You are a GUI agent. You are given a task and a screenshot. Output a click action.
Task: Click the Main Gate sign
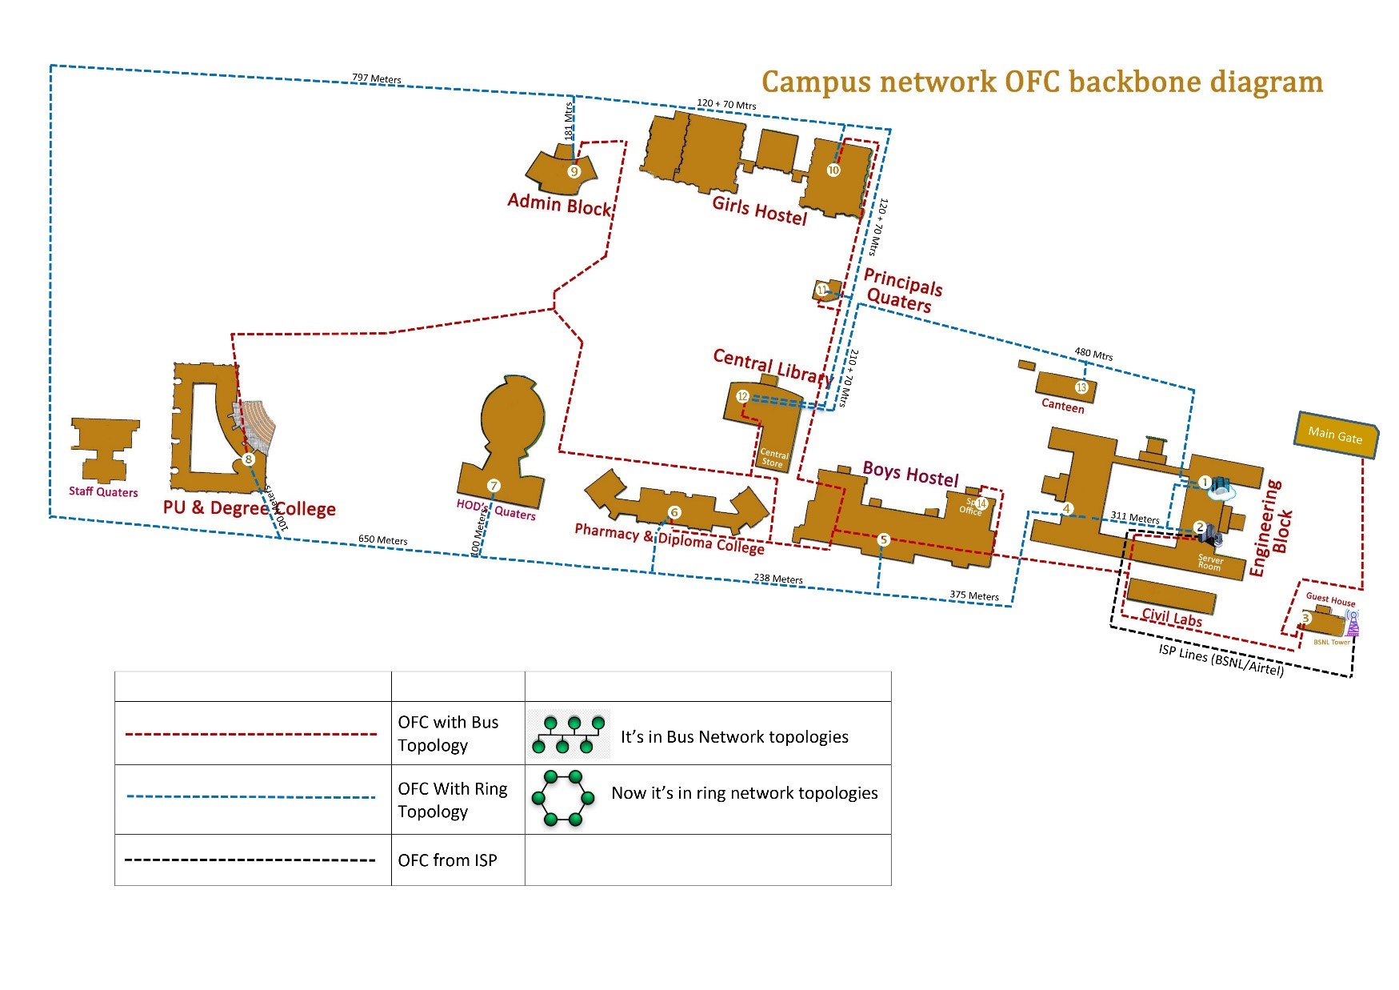click(x=1335, y=435)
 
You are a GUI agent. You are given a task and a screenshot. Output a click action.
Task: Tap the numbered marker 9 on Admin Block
click(x=574, y=171)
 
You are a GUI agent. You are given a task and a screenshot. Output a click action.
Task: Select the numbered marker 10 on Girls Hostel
click(x=833, y=170)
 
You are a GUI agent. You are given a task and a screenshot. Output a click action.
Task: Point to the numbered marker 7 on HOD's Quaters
click(x=494, y=485)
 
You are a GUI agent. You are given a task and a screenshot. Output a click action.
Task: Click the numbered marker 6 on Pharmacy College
click(x=674, y=512)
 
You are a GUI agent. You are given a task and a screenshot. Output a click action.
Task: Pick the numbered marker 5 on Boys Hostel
click(x=883, y=539)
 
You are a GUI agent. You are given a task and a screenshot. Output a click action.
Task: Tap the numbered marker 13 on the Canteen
click(x=1081, y=387)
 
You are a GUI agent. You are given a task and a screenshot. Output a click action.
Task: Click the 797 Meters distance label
click(x=377, y=78)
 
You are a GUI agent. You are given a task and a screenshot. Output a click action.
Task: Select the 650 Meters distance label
click(x=382, y=540)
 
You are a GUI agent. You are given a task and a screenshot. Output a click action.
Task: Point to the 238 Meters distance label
click(x=777, y=579)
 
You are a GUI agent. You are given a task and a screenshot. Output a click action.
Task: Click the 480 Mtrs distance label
click(x=1093, y=354)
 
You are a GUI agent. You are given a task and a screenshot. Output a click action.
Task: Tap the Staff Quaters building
click(x=103, y=448)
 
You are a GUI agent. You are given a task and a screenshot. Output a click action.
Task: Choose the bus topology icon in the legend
click(x=569, y=735)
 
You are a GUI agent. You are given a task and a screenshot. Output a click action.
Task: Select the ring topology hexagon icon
click(x=563, y=798)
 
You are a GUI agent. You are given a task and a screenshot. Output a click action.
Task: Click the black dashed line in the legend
click(x=250, y=860)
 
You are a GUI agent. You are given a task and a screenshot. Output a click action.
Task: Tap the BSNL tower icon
click(x=1352, y=623)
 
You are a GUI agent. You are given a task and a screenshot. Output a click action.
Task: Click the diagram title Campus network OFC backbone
click(x=1041, y=82)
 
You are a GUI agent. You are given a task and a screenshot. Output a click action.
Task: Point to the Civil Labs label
click(x=1171, y=617)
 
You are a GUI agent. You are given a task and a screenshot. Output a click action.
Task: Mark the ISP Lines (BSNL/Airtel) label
click(x=1221, y=660)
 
